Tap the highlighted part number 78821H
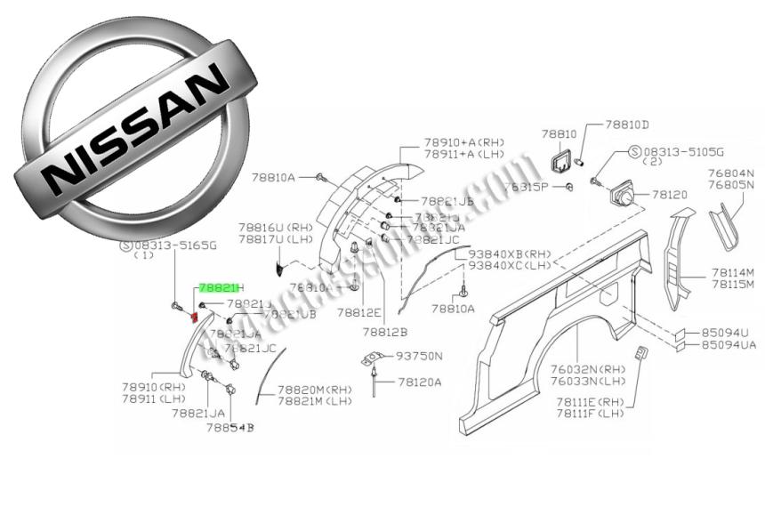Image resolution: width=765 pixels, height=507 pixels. (220, 288)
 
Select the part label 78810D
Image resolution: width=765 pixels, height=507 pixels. (628, 125)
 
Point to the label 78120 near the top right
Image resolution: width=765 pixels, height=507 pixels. (670, 193)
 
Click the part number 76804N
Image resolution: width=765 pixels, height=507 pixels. (730, 173)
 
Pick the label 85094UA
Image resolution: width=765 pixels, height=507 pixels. (729, 344)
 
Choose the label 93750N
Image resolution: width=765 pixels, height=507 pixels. (419, 356)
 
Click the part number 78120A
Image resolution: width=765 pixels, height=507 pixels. (419, 382)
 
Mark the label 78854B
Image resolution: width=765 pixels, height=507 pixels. (229, 428)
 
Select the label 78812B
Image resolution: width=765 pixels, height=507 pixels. (384, 332)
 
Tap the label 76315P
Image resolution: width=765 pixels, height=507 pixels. (525, 187)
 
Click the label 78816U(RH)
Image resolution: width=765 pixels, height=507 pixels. (275, 228)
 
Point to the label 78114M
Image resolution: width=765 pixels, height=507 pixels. (732, 272)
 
